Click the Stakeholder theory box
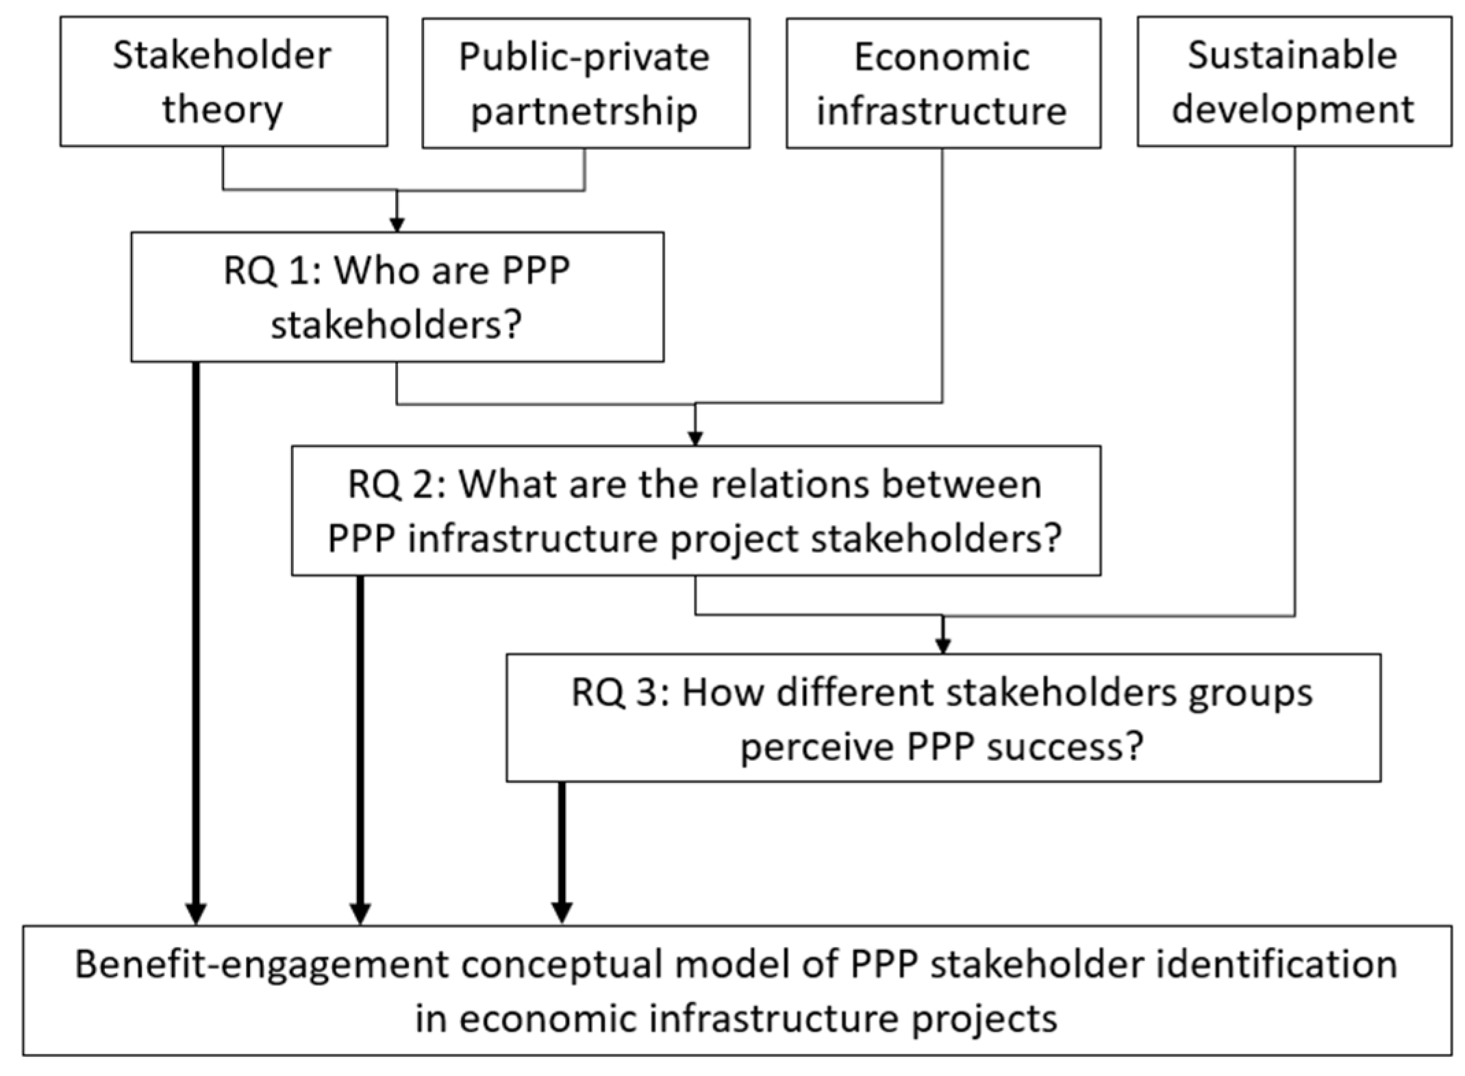click(223, 82)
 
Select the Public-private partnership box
click(586, 83)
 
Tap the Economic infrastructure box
click(942, 83)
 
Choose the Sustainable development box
click(1294, 82)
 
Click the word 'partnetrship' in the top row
click(584, 111)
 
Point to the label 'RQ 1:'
click(272, 271)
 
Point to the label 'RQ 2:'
click(397, 485)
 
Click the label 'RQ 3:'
click(620, 692)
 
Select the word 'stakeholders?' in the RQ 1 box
click(397, 325)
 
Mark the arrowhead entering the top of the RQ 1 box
click(397, 225)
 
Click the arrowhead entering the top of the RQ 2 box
click(695, 438)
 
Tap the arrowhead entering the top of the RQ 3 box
click(943, 646)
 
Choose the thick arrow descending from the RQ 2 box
click(360, 747)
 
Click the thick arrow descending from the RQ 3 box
click(562, 849)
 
